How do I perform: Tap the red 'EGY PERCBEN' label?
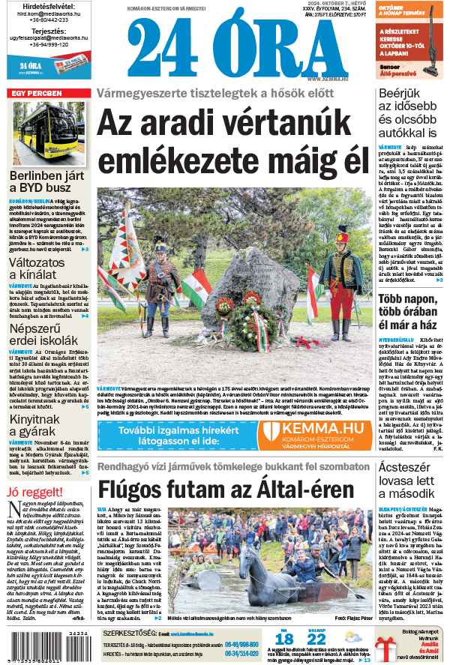(36, 94)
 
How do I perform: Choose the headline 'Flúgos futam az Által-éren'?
(225, 490)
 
